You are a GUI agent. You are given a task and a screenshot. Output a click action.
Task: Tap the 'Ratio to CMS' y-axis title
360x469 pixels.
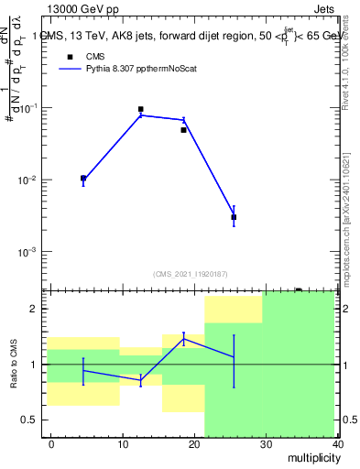[x=14, y=364]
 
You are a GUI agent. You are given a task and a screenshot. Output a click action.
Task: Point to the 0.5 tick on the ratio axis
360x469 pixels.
[x=30, y=420]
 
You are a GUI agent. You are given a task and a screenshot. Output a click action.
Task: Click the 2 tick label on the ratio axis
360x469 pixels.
[x=35, y=309]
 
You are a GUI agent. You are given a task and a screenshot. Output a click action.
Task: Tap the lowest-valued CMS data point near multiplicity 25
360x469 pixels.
[x=234, y=217]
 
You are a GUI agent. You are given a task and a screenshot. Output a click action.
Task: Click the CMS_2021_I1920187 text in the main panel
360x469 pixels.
[x=190, y=273]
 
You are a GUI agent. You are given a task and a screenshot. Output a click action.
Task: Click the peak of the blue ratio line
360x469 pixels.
[x=183, y=339]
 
